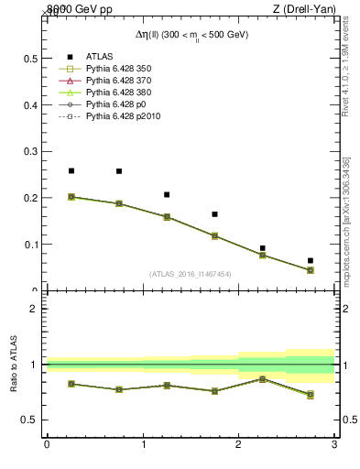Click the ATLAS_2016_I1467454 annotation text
pos(191,274)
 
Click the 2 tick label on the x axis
pos(238,445)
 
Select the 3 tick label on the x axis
pos(334,445)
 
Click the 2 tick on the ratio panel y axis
pos(33,309)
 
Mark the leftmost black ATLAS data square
pos(71,170)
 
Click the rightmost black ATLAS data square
pos(311,261)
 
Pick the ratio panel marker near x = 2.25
pos(263,378)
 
